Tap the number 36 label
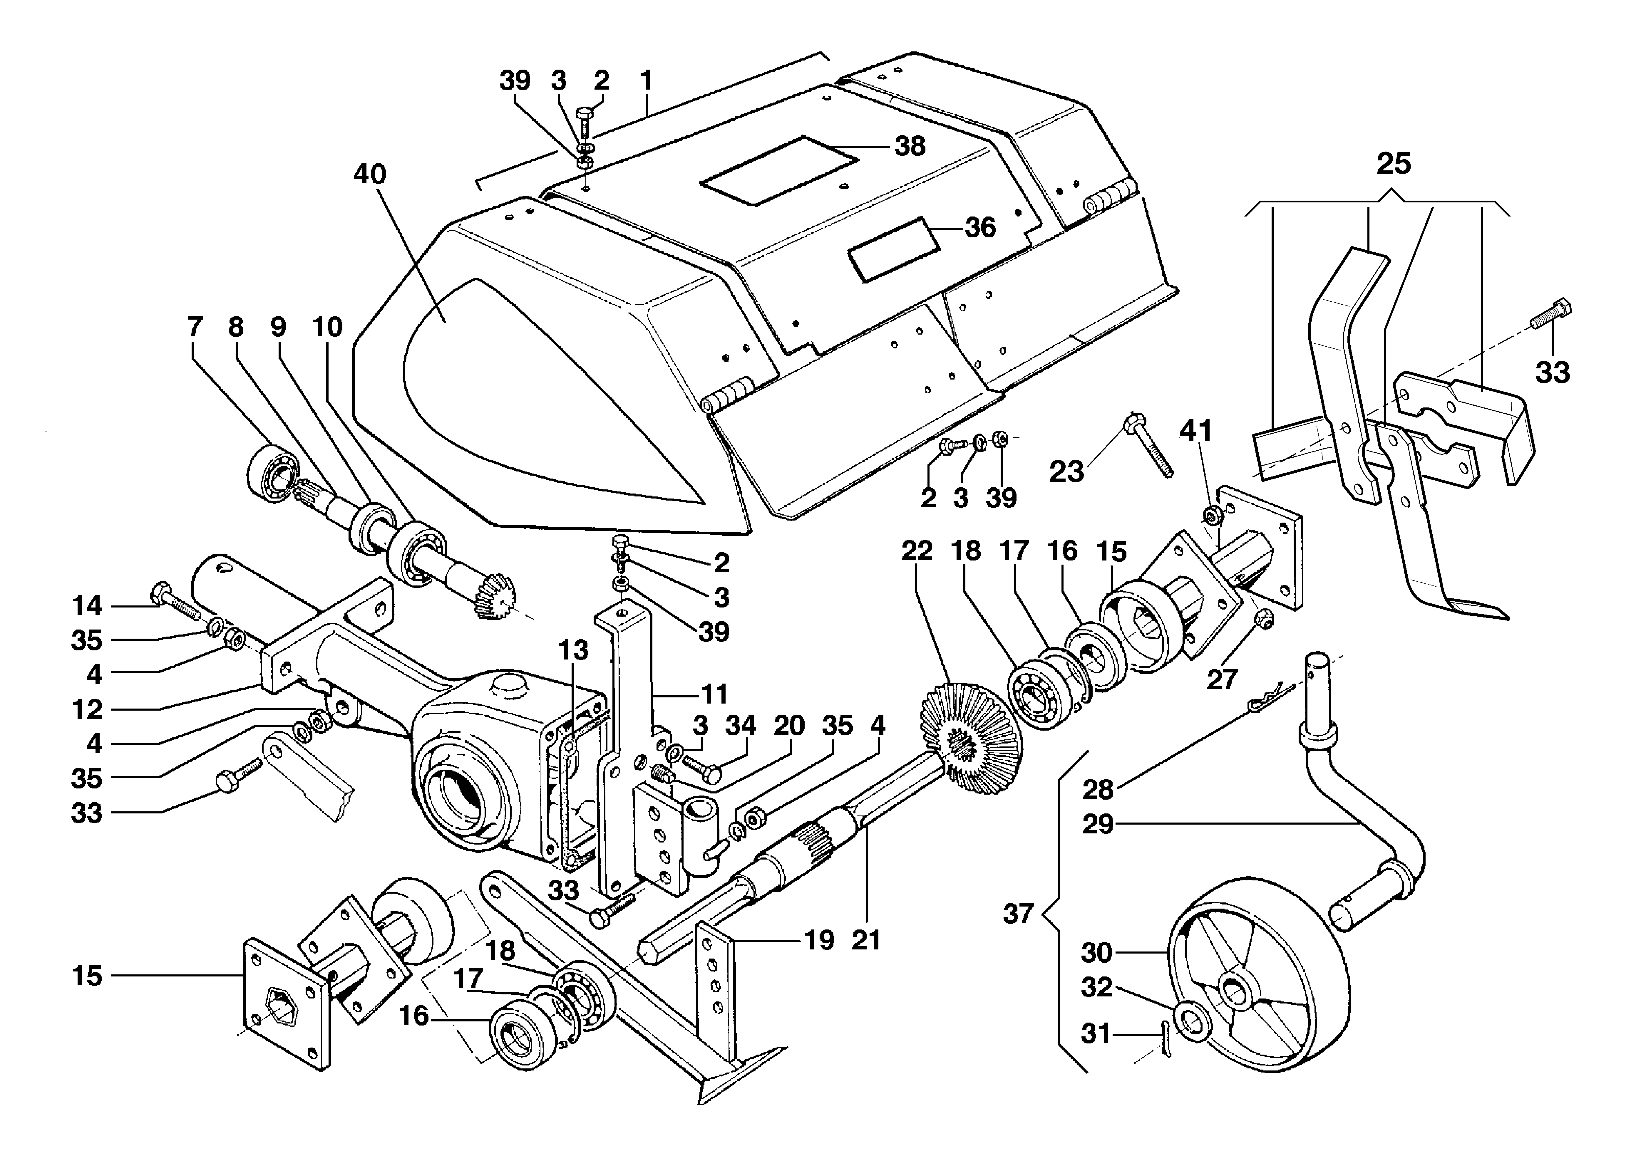(981, 228)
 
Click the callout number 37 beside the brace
(1018, 914)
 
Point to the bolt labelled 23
(1150, 444)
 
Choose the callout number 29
(1097, 824)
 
